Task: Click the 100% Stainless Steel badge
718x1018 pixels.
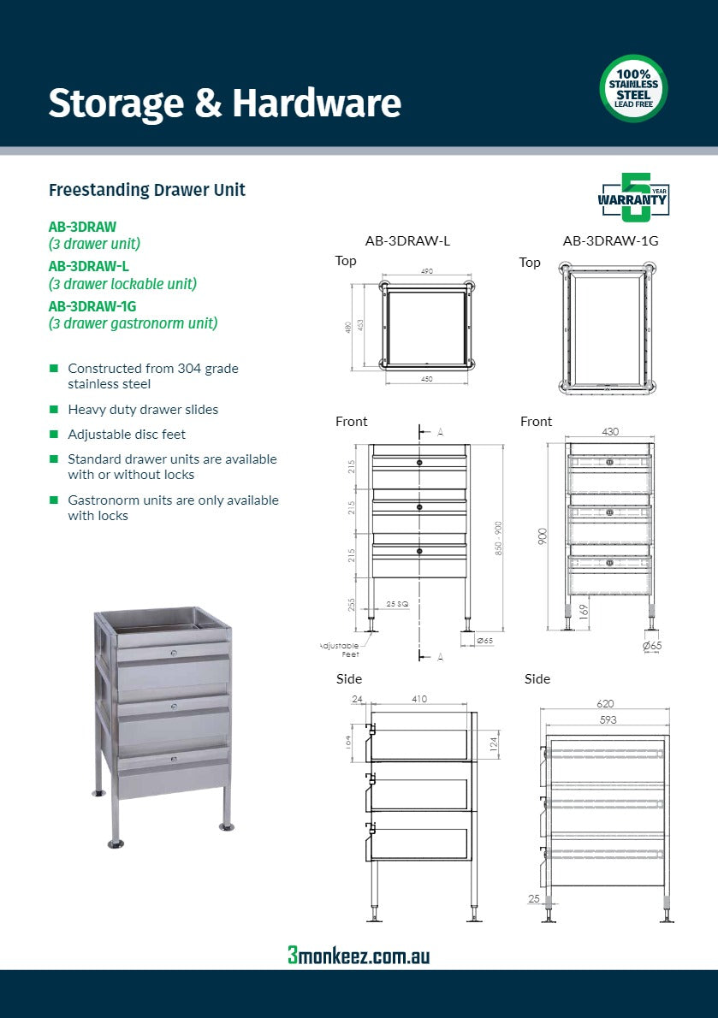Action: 633,88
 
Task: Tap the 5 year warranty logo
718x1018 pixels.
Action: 633,198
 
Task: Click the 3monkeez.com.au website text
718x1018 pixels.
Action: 359,956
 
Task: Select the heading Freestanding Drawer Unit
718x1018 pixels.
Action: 147,190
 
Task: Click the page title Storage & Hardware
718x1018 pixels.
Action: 224,104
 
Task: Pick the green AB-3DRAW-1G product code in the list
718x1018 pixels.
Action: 92,305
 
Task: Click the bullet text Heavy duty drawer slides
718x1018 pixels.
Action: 143,410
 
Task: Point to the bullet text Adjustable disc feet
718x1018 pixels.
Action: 127,435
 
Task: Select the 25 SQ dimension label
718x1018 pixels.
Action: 396,604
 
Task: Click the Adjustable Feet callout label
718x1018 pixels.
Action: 339,649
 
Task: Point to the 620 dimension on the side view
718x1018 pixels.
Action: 606,704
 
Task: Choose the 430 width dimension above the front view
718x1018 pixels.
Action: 609,432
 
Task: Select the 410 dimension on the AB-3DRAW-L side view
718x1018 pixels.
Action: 419,699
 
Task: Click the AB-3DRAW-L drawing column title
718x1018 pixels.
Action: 407,241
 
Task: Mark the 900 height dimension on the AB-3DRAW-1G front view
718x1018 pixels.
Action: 543,536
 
